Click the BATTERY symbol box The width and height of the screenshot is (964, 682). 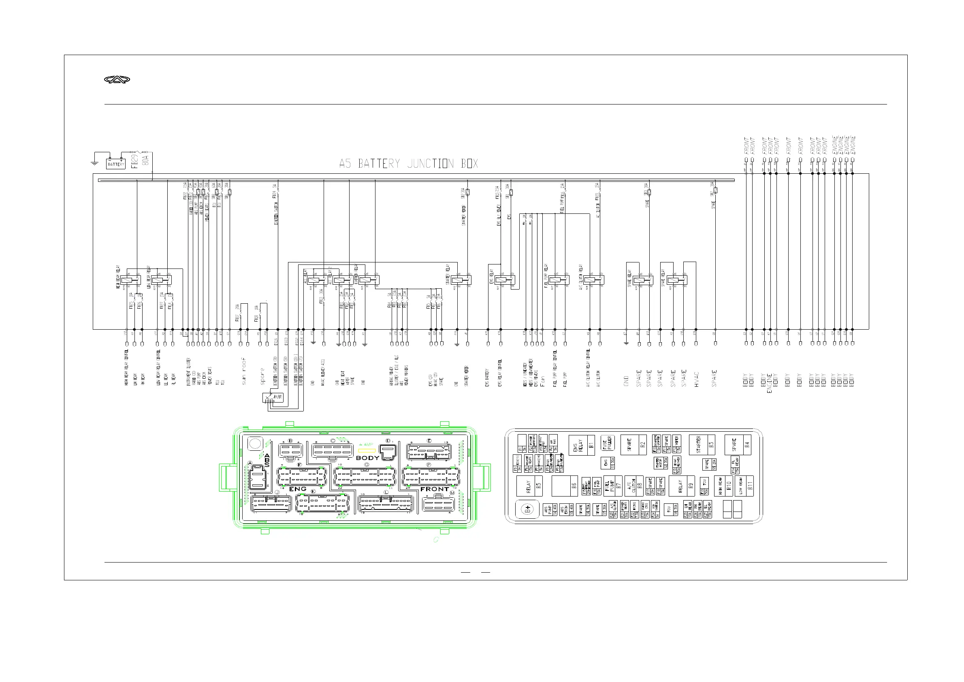[x=115, y=164]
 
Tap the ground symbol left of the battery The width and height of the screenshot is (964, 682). [x=94, y=162]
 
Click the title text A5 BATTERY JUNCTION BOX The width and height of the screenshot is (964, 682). [x=408, y=163]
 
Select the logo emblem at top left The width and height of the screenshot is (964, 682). [x=117, y=80]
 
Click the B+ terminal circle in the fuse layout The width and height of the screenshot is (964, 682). [x=528, y=509]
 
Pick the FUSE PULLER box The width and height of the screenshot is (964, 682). [x=608, y=443]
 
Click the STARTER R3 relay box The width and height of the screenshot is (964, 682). [x=702, y=444]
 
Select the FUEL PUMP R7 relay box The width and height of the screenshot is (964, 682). [x=612, y=486]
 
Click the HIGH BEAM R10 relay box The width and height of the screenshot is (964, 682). [x=724, y=486]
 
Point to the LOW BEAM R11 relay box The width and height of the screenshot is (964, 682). [x=745, y=486]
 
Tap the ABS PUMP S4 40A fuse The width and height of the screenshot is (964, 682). [x=550, y=510]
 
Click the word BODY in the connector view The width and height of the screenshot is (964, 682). [x=367, y=458]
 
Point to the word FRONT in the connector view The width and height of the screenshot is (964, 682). [x=434, y=489]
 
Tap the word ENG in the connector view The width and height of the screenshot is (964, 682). [x=297, y=489]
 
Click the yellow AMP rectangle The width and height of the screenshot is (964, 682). [x=366, y=450]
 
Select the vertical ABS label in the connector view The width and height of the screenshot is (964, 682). [x=267, y=460]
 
